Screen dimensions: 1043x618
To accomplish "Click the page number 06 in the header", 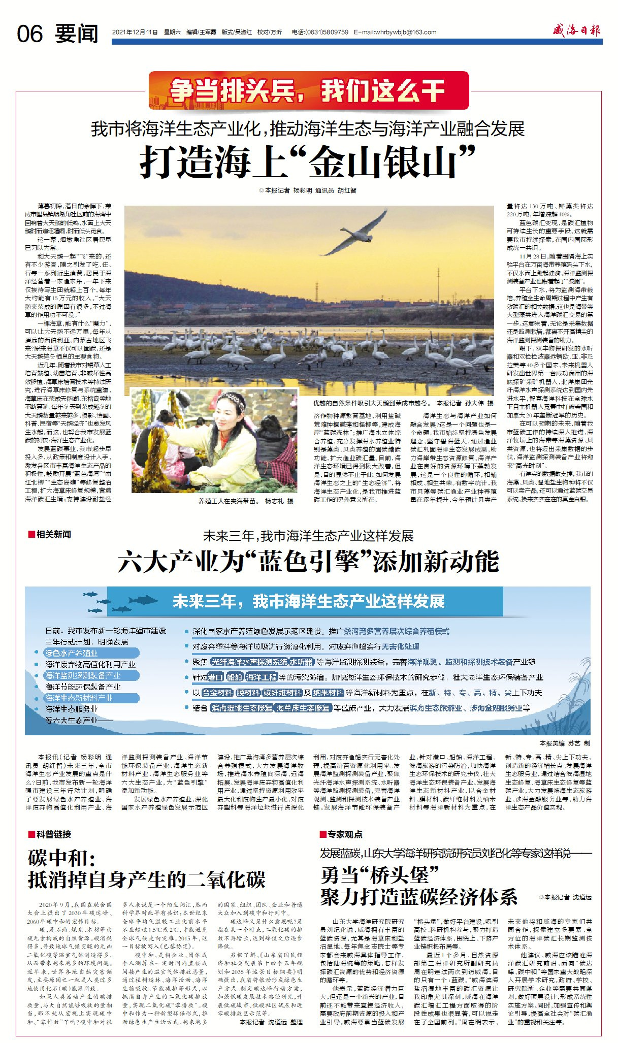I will (30, 34).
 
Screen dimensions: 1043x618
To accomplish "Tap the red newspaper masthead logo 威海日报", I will (576, 30).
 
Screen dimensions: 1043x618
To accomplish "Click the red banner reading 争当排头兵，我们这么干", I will (308, 91).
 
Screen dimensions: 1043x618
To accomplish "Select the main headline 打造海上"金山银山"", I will (308, 162).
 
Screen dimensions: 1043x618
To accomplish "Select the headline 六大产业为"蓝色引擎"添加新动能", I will (308, 562).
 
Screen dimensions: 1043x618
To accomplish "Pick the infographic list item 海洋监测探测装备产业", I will (83, 675).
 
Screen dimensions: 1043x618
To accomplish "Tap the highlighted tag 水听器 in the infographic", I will (301, 662).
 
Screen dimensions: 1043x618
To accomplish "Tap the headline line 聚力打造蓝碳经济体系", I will (418, 897).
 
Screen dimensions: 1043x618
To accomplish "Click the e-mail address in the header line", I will (396, 32).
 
